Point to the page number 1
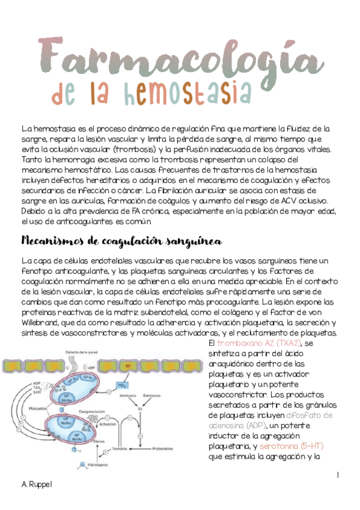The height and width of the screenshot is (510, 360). (338, 475)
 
